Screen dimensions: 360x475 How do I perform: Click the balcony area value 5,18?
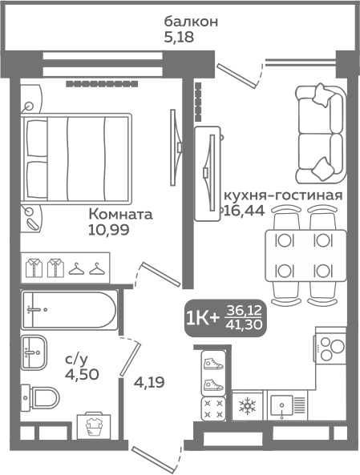pos(179,38)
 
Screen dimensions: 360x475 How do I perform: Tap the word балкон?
pos(191,22)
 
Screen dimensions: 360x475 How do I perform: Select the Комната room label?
pos(120,215)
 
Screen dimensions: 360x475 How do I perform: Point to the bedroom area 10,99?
pos(109,230)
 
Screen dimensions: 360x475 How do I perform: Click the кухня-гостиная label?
pos(283,195)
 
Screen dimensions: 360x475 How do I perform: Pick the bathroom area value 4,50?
pos(82,375)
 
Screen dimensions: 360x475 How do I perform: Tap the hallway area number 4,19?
pos(149,383)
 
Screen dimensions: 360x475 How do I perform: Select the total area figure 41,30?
pos(244,325)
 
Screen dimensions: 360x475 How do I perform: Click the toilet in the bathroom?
pos(40,397)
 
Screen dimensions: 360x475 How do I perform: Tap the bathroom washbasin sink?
pos(34,352)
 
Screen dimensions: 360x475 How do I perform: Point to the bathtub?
pos(69,310)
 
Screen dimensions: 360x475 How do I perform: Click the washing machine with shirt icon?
pos(94,425)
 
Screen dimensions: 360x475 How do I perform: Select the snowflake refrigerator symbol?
pos(248,406)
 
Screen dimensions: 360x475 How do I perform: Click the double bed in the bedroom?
pos(76,159)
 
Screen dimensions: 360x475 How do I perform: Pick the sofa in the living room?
pos(322,134)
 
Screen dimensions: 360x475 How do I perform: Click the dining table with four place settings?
pos(305,256)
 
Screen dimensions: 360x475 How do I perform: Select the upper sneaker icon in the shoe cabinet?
pos(213,364)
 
